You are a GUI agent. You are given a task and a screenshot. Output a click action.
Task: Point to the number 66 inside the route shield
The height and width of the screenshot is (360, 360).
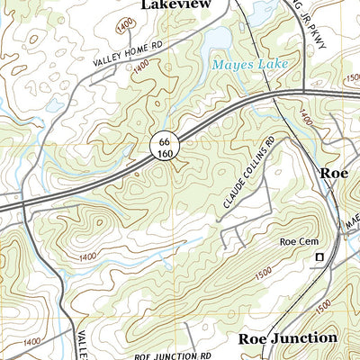162,140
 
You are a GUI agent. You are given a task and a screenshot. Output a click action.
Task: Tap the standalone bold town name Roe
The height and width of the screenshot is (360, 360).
334,174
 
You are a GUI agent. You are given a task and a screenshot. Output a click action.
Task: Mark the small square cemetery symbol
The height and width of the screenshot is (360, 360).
318,259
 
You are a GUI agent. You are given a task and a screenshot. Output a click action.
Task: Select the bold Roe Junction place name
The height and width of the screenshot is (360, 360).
287,337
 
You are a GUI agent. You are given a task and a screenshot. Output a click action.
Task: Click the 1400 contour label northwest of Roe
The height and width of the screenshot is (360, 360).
305,117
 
